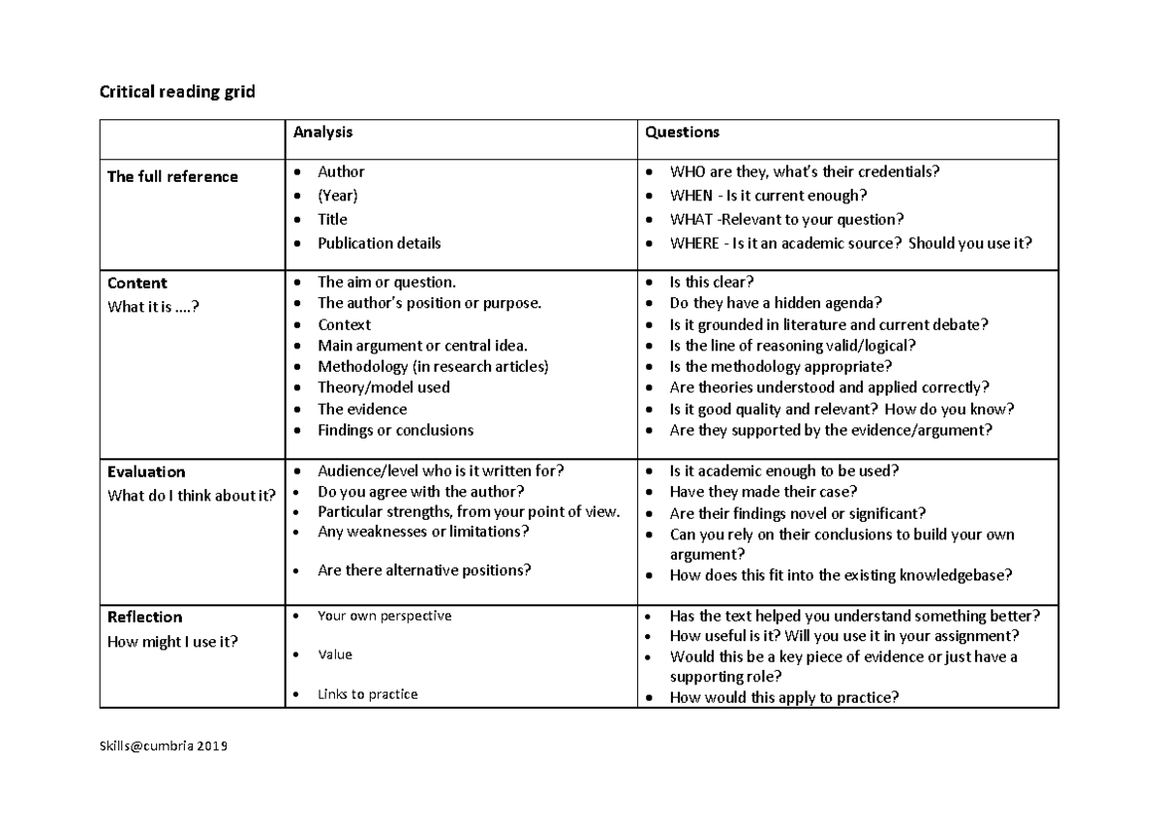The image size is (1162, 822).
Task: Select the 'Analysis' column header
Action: [323, 132]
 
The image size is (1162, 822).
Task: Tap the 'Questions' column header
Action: [683, 132]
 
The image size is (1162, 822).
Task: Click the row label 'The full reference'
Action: [172, 176]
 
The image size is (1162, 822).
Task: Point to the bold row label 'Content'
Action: [137, 283]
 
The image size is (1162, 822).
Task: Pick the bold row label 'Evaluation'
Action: [146, 472]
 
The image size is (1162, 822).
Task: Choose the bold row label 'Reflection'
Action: [144, 617]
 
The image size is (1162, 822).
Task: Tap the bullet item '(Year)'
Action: [338, 196]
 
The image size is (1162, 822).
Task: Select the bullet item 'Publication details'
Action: [379, 243]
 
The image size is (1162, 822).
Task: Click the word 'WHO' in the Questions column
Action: [687, 172]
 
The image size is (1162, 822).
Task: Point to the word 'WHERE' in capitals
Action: [694, 243]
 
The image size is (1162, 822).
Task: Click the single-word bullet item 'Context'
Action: [344, 324]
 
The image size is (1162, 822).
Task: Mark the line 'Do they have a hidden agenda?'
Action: [776, 303]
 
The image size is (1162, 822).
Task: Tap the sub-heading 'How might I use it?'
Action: [172, 642]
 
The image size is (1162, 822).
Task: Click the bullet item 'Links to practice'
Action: [367, 694]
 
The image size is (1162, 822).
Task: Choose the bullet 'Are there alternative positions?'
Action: [424, 570]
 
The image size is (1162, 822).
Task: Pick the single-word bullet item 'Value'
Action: [335, 655]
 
